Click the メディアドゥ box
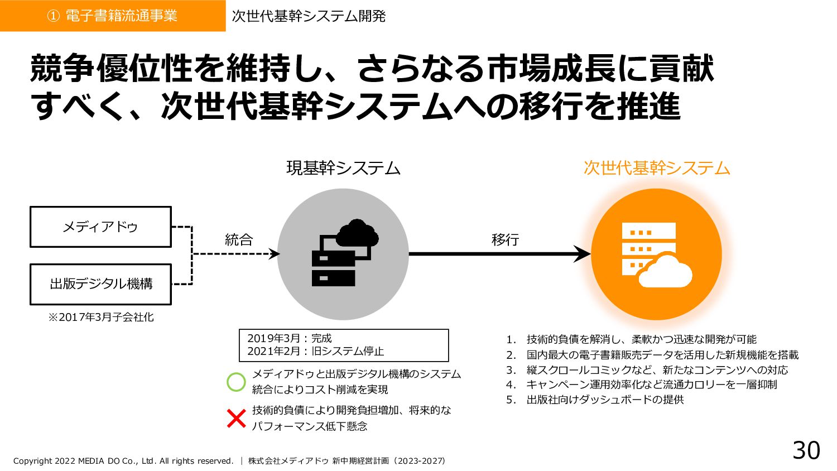[100, 227]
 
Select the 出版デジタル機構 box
[100, 284]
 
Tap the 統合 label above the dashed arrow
[239, 240]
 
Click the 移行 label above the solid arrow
[505, 240]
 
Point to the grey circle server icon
[343, 254]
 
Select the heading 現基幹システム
[343, 168]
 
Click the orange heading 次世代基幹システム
[656, 168]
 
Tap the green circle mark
[236, 382]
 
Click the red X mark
[236, 418]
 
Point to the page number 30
[806, 450]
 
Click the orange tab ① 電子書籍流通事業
[113, 16]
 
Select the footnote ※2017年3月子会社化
[100, 318]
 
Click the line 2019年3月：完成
[290, 338]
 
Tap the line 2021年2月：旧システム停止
[315, 352]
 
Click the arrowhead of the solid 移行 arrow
[584, 254]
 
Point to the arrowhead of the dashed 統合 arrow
[275, 254]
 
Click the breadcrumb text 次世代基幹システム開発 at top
[309, 16]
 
